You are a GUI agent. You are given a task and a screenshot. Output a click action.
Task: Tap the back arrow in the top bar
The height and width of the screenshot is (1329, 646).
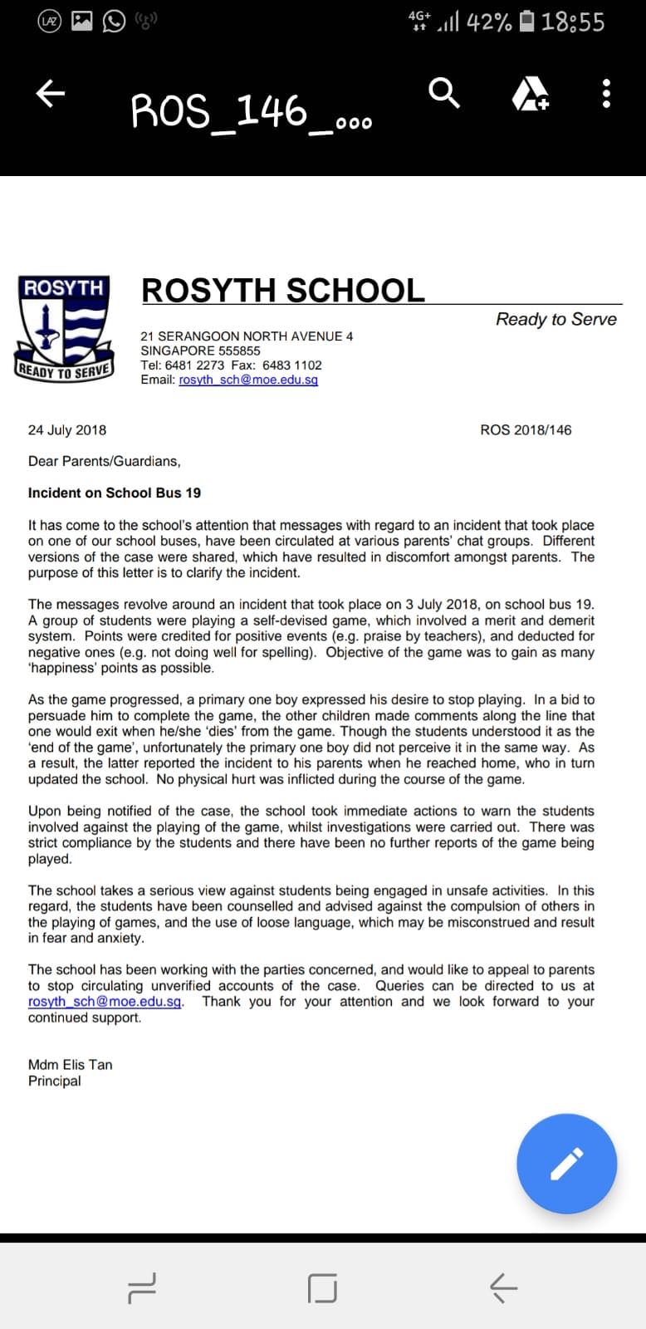tap(50, 94)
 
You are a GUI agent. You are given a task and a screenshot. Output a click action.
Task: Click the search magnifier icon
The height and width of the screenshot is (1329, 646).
tap(444, 93)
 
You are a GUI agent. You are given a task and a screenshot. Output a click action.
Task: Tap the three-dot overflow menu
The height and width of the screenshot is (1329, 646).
tap(606, 94)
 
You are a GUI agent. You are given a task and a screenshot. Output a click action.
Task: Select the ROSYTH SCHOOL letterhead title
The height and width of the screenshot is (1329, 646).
tap(283, 290)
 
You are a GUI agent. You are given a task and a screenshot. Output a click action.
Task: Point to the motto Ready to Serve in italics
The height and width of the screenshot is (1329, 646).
tap(555, 319)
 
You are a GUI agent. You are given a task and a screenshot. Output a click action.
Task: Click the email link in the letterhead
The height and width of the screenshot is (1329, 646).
tap(248, 380)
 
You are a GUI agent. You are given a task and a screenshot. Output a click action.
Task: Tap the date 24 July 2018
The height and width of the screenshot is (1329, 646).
tap(67, 429)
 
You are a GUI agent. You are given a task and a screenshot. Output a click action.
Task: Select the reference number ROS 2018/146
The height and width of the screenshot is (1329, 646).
tap(526, 429)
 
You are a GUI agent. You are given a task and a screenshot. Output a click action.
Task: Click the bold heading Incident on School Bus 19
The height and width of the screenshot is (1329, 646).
tap(115, 493)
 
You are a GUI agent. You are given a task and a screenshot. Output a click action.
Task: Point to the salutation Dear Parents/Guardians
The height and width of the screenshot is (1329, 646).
tap(104, 461)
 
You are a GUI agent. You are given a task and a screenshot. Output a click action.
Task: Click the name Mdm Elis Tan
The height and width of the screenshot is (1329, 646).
tap(70, 1064)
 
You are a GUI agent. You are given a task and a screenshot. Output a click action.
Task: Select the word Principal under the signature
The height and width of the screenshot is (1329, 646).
tap(55, 1081)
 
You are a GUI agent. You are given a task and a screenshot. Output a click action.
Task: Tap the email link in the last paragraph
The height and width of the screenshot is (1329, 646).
tap(105, 1001)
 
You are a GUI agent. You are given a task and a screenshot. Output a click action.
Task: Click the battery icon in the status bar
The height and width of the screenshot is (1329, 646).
tap(526, 22)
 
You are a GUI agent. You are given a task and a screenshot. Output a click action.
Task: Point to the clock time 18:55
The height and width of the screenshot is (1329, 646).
tap(573, 22)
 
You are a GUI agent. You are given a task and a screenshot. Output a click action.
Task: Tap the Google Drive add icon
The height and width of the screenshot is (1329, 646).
tap(530, 94)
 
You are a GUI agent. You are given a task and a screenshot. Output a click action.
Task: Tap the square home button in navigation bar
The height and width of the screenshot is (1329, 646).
tap(322, 1287)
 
